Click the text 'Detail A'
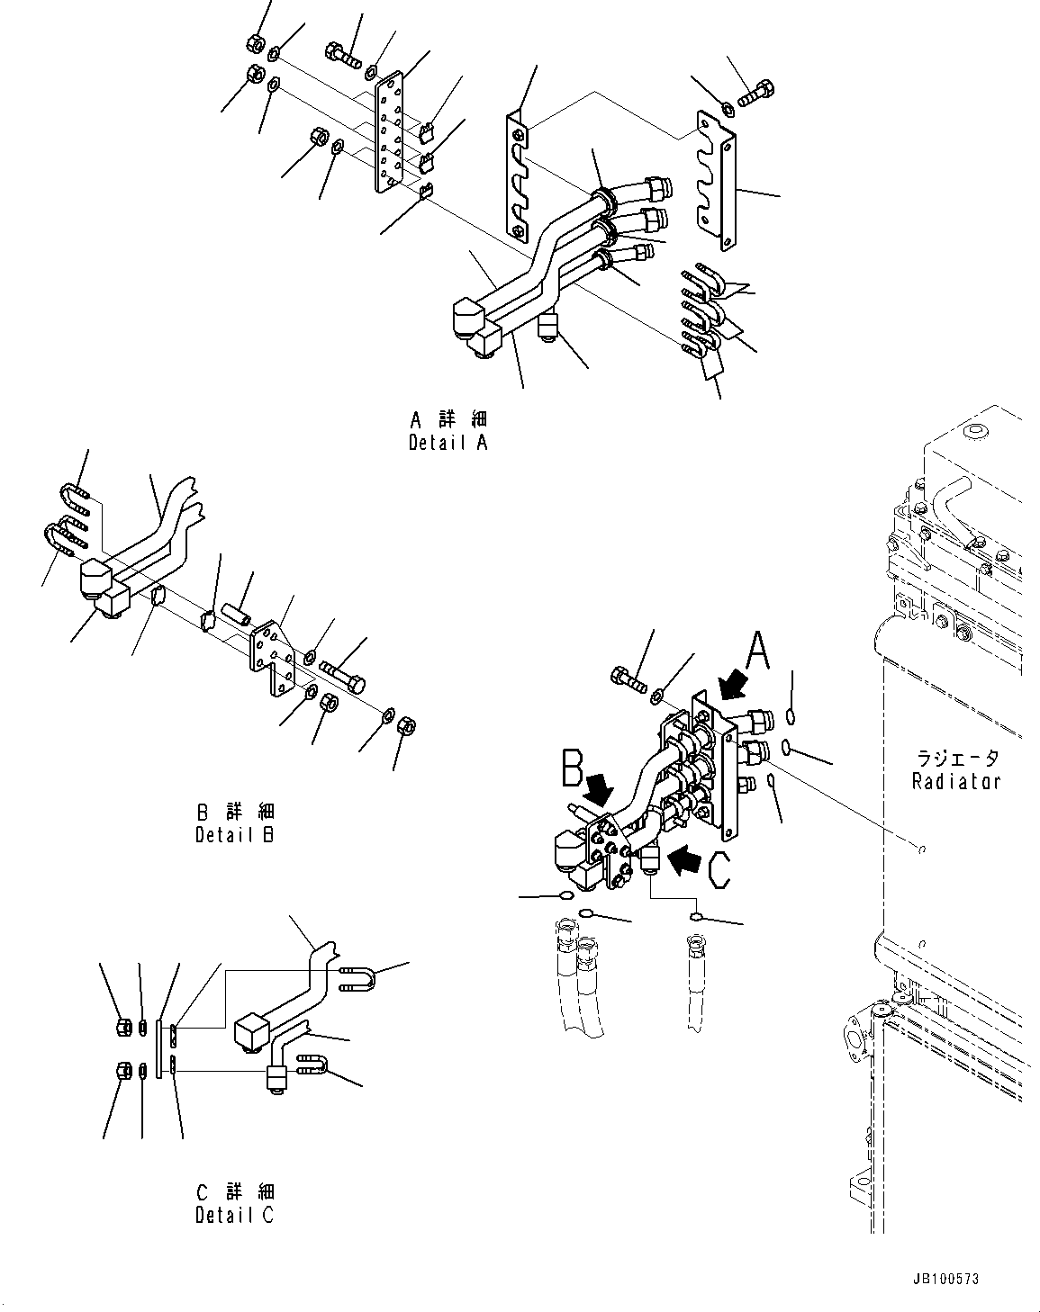(448, 444)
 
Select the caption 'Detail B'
(235, 834)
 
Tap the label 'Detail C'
(235, 1215)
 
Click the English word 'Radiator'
(955, 781)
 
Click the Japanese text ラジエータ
(955, 759)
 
